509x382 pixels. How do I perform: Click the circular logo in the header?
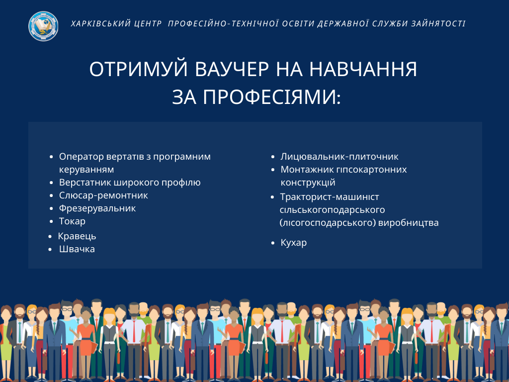coord(43,26)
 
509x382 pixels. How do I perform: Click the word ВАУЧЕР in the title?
coord(232,69)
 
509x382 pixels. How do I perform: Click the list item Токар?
coord(72,221)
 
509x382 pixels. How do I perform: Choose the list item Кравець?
coord(77,236)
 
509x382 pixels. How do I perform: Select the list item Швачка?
coord(77,249)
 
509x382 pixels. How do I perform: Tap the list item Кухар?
coord(293,243)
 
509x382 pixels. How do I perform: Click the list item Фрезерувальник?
coord(97,208)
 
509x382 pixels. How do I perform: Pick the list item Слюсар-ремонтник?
coord(103,195)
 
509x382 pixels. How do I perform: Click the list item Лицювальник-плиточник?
coord(339,157)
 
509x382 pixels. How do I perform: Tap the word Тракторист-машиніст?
coord(330,197)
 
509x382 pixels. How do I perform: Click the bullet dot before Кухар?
coord(273,243)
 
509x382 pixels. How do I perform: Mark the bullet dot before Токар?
coord(51,221)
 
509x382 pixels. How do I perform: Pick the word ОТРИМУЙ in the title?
coord(139,69)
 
